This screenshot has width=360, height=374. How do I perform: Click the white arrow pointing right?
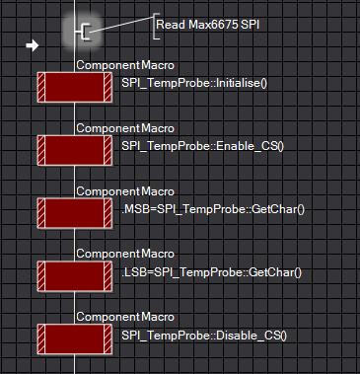[32, 45]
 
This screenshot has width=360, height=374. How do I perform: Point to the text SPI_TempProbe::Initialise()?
[194, 83]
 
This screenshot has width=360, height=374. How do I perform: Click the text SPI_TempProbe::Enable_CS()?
[201, 146]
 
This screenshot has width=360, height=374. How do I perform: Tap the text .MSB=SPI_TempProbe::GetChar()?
[212, 209]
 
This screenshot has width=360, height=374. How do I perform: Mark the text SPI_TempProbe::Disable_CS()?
[203, 336]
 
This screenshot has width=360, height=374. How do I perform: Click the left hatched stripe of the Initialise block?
[42, 87]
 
